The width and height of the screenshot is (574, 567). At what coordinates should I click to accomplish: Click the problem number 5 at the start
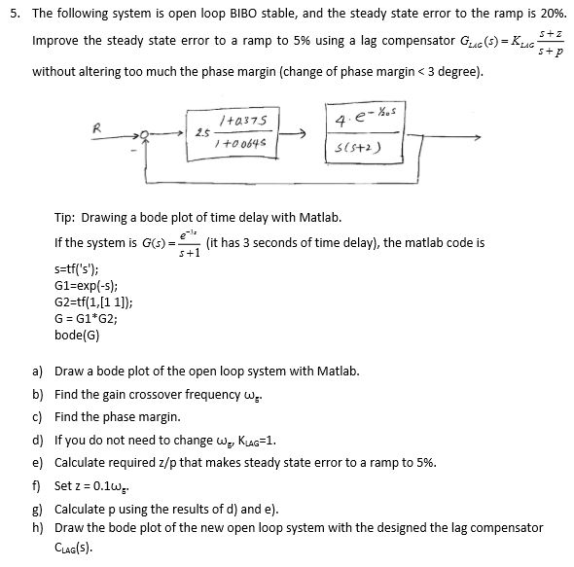click(x=11, y=15)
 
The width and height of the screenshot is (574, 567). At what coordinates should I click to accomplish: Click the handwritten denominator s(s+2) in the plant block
click(x=354, y=146)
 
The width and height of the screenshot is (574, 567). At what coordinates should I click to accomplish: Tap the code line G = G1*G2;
click(x=86, y=319)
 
